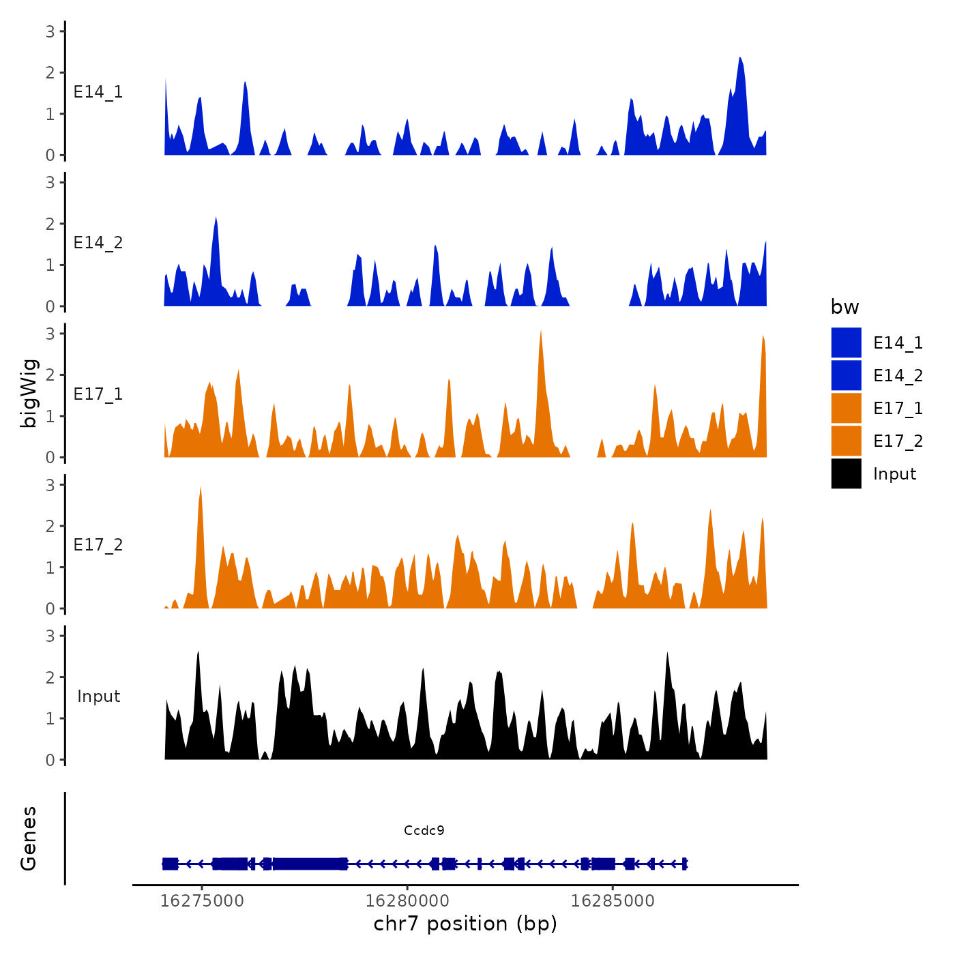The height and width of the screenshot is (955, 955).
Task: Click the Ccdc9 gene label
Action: [424, 830]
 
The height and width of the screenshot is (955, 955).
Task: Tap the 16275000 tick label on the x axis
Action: [202, 901]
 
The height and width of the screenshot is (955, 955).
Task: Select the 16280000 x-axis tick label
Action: [407, 901]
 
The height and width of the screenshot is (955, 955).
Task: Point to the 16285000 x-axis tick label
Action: [613, 901]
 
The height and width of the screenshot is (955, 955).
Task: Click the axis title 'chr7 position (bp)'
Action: [465, 924]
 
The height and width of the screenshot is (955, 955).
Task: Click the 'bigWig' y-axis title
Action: [29, 394]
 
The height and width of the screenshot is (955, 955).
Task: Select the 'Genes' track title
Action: [29, 838]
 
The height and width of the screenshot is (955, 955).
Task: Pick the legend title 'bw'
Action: [844, 307]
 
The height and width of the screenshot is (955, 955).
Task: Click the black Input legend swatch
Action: [846, 473]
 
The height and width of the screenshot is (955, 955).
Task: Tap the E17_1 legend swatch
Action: [846, 408]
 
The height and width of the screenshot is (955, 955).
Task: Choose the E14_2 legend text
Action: [898, 375]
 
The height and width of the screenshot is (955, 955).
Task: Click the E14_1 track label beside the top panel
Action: [98, 92]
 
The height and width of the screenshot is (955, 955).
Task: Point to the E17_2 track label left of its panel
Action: [98, 545]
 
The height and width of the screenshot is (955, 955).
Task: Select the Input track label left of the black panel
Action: [98, 696]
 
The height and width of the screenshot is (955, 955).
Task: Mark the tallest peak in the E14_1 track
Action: [740, 59]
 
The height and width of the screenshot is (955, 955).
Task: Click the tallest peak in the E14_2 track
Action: [216, 219]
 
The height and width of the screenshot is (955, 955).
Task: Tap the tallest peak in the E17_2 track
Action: [201, 488]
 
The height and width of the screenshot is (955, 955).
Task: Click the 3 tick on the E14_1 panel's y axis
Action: [50, 31]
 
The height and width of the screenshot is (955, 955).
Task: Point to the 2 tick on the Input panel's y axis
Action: [50, 677]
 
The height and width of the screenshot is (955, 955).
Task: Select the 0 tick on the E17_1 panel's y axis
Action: [50, 457]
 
